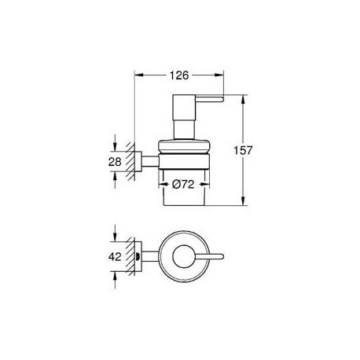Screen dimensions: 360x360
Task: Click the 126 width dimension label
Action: [x=179, y=75]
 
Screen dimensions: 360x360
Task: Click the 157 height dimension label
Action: [x=243, y=150]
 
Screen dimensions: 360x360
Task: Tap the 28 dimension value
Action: [x=115, y=162]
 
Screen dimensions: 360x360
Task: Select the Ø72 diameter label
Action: [x=183, y=185]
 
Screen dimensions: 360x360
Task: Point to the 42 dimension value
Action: [x=115, y=256]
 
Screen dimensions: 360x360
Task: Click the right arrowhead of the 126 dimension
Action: [x=219, y=75]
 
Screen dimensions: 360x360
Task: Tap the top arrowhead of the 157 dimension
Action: [x=243, y=100]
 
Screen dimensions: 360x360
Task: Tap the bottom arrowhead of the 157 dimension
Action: [x=243, y=200]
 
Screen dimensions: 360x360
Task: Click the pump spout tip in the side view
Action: [x=222, y=99]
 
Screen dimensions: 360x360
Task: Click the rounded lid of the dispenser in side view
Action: [x=184, y=146]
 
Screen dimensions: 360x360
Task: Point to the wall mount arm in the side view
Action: [x=150, y=161]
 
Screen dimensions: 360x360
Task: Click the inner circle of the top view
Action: [x=184, y=257]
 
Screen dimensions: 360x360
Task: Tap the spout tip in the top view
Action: [x=222, y=256]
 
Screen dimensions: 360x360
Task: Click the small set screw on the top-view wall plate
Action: [x=138, y=256]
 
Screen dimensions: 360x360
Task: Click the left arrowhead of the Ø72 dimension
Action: [x=163, y=185]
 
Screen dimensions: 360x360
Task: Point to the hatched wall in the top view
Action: [x=130, y=256]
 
